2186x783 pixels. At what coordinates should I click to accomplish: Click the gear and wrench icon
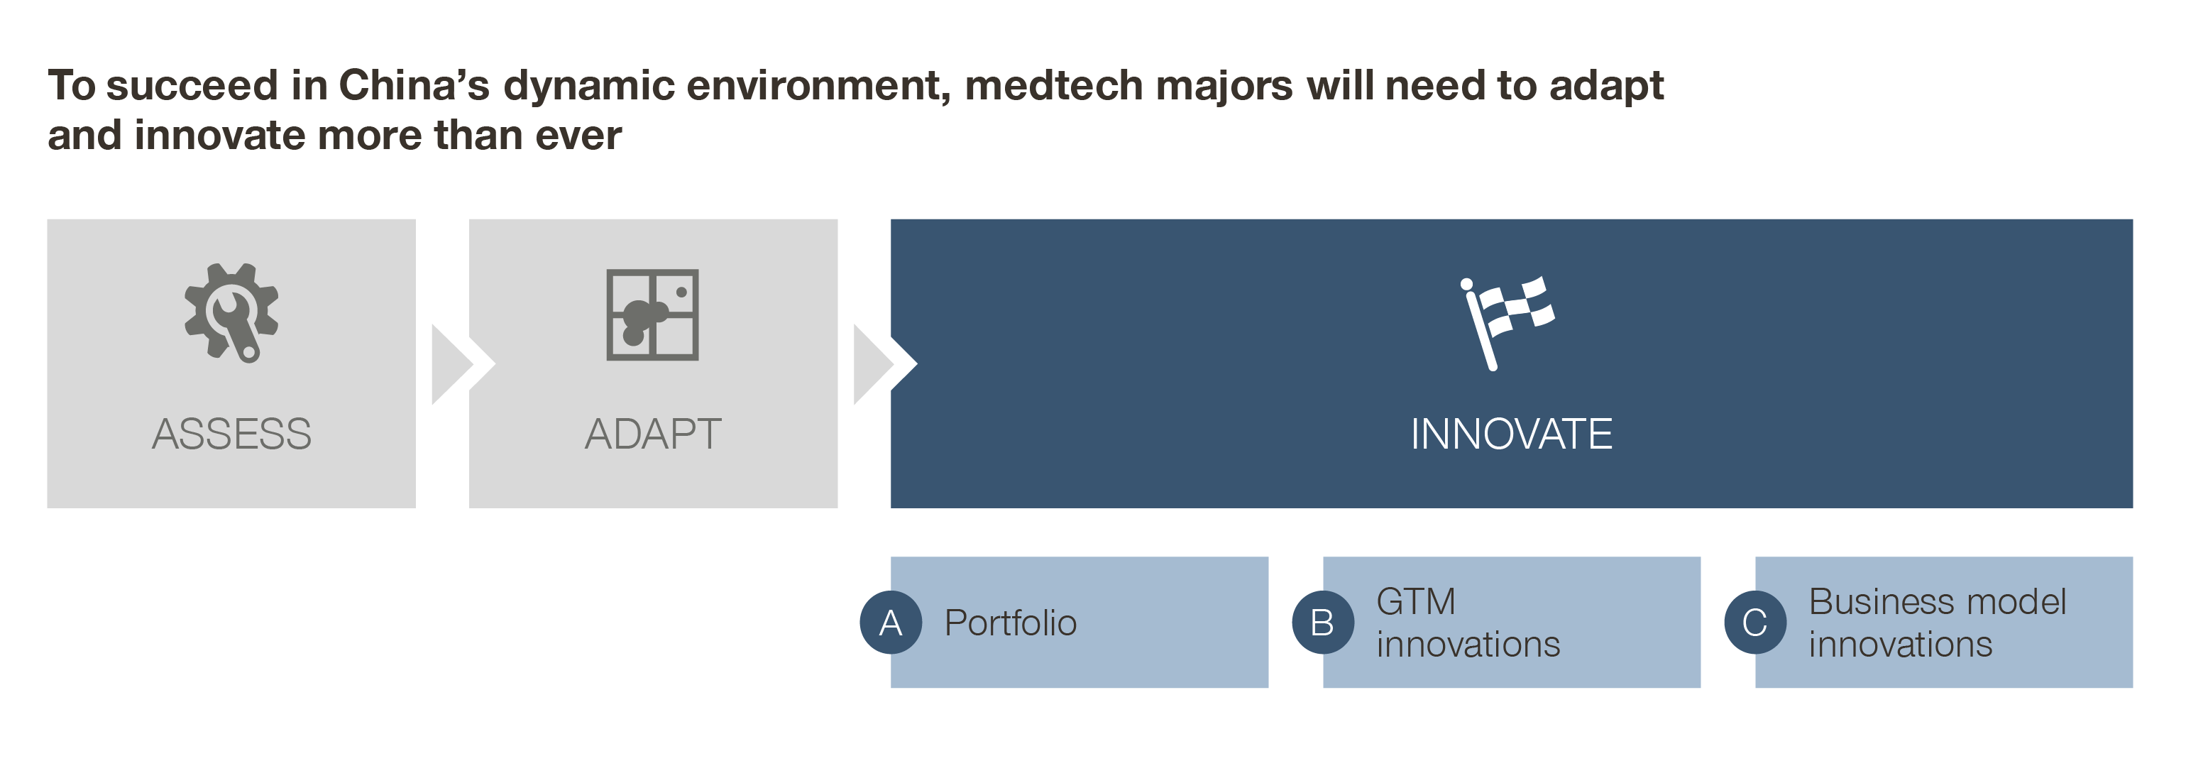[x=231, y=312]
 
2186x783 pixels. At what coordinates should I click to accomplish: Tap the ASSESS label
[x=231, y=434]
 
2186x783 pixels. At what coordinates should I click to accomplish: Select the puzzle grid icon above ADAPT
[x=652, y=314]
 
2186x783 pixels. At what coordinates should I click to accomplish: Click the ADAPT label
[x=654, y=434]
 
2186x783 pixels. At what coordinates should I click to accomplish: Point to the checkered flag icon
[x=1507, y=323]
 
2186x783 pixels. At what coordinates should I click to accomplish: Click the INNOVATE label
[x=1511, y=434]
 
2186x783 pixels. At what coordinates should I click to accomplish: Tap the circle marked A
[x=891, y=623]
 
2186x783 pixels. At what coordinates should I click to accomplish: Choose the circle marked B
[x=1323, y=623]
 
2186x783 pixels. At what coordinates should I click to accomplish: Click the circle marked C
[x=1755, y=623]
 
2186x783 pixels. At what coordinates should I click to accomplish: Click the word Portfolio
[x=1011, y=623]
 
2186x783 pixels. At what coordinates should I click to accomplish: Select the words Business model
[x=1938, y=601]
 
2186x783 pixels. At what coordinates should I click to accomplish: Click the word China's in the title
[x=414, y=86]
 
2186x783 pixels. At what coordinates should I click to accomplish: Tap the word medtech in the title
[x=1054, y=86]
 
